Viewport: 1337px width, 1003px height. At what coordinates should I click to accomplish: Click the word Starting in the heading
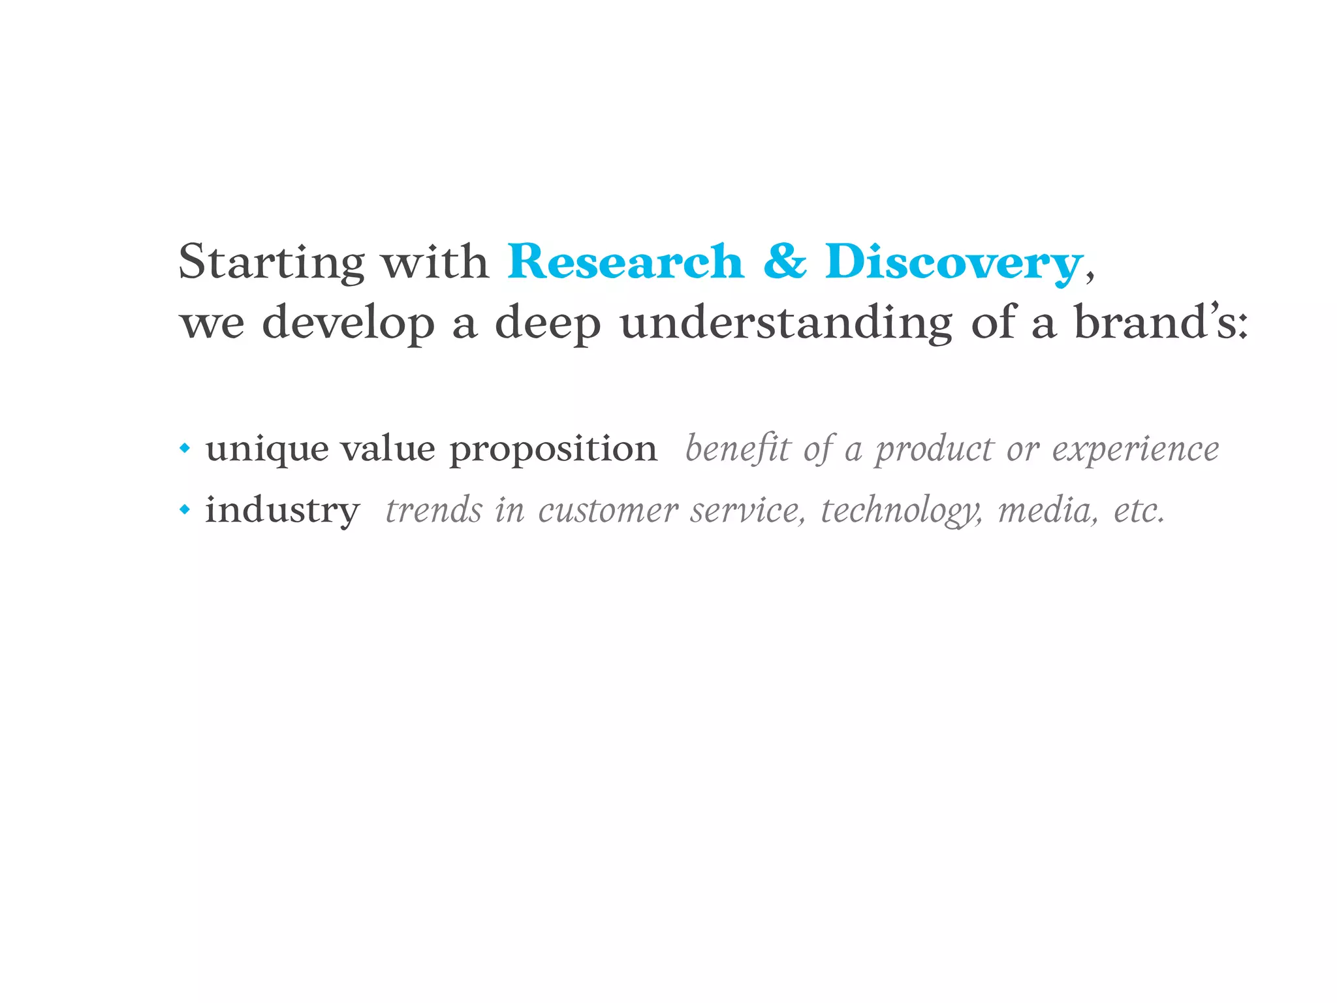point(271,263)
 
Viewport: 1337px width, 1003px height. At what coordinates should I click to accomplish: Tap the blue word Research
point(625,263)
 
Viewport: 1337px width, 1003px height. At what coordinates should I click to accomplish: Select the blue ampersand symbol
point(785,261)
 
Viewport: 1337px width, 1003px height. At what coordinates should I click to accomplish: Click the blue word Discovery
point(953,263)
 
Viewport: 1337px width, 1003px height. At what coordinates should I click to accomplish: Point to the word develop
point(348,323)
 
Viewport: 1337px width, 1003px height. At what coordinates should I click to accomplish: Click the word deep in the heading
point(548,323)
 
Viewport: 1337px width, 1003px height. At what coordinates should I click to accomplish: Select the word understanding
point(786,323)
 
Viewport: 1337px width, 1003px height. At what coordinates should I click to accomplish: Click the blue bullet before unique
point(185,449)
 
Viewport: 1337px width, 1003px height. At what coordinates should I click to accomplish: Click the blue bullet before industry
point(185,509)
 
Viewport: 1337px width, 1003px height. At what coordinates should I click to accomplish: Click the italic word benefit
point(738,449)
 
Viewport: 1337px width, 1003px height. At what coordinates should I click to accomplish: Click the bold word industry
point(282,510)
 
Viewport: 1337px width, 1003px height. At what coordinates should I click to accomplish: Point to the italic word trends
point(433,510)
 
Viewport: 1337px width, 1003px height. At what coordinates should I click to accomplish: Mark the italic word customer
point(608,510)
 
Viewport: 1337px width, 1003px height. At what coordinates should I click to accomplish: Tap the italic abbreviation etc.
point(1139,510)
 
